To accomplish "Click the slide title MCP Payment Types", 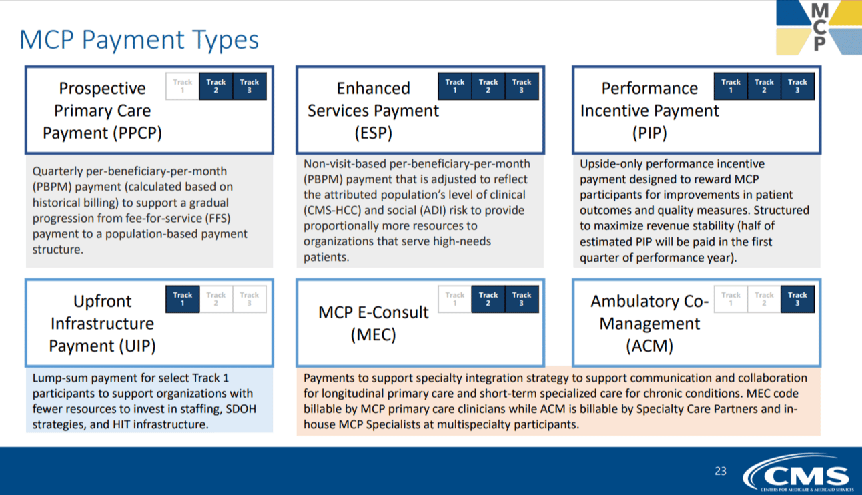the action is coord(139,40).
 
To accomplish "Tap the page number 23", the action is coord(721,471).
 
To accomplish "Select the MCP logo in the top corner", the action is coord(819,28).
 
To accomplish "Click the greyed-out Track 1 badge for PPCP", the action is coord(182,86).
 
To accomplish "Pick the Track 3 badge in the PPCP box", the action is coord(250,86).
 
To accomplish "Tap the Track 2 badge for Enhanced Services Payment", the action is coord(488,86).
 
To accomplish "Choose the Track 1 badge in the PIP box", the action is coord(731,86).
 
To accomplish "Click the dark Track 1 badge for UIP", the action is coord(182,299).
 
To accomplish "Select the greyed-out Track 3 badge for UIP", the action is coord(250,299).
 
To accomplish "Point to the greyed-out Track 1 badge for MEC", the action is coord(455,299).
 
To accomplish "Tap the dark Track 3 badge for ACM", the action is coord(797,299).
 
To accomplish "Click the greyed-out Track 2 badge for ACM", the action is coord(764,299).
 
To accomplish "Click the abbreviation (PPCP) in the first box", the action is coord(137,133).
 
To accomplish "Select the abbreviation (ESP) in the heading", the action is coord(373,133).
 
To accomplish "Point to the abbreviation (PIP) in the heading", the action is coord(650,133).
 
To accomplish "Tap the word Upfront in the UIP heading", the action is coord(102,302).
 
